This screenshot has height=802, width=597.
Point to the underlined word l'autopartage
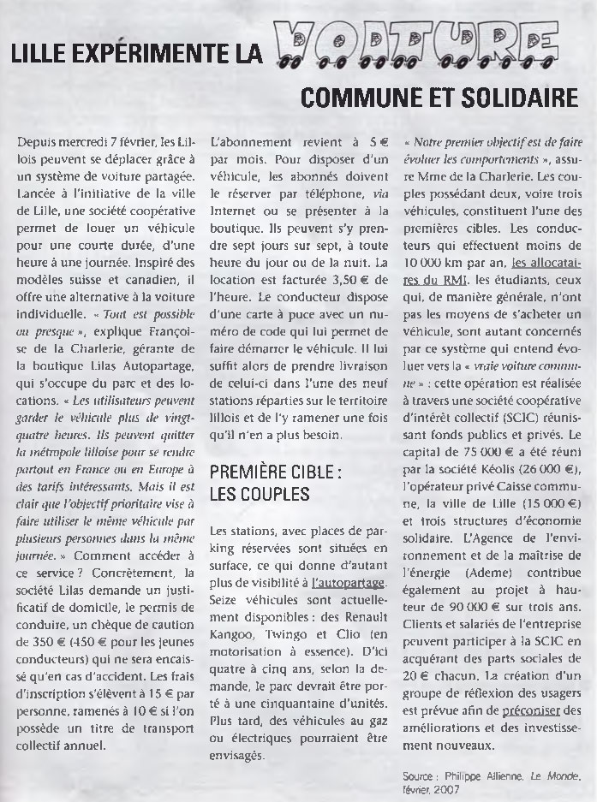pos(349,583)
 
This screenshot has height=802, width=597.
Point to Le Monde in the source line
pos(553,776)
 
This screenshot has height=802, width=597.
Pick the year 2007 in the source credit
pos(446,787)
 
